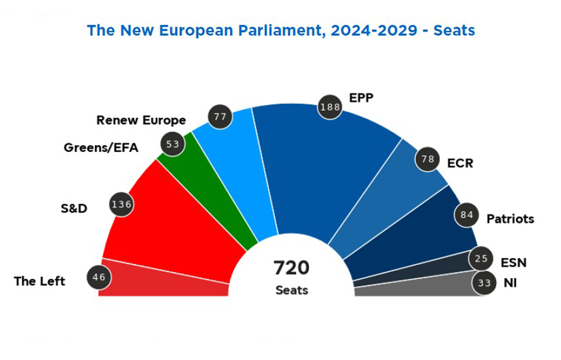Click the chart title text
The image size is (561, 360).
coord(280,30)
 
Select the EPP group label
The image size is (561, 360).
coord(361,97)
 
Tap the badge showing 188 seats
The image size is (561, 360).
coord(329,107)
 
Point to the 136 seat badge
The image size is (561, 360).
coord(121,205)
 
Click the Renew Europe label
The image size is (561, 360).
coord(141,121)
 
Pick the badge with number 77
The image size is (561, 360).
coord(220,117)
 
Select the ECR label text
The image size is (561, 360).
coord(460,164)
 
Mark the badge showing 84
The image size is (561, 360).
coord(466,215)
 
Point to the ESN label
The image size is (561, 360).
coord(514,263)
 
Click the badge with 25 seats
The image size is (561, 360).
coord(481,259)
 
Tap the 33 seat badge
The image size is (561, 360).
coord(484,282)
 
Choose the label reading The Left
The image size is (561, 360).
coord(40,281)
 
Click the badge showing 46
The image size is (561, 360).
coord(99,277)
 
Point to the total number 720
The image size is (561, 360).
coord(291,267)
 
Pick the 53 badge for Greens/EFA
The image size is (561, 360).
coord(173,144)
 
